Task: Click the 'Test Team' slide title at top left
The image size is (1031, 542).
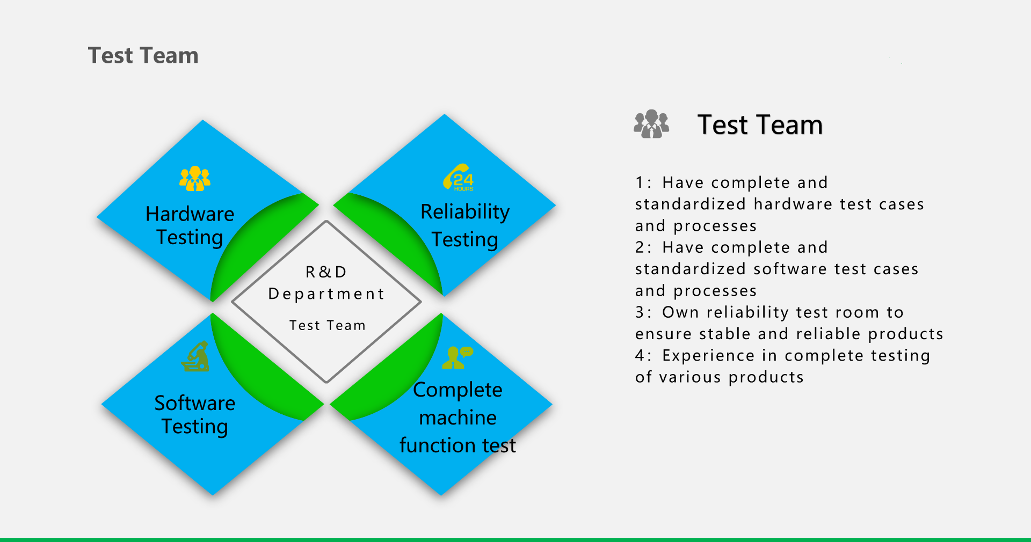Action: (x=143, y=56)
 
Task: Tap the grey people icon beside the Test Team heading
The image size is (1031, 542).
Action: (x=651, y=124)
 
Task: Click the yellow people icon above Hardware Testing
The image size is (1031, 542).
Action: (x=195, y=179)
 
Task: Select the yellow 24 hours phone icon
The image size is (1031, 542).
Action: (x=458, y=177)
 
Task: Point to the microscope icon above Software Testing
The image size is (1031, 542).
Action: (x=195, y=356)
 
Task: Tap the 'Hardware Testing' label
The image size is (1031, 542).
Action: (x=190, y=225)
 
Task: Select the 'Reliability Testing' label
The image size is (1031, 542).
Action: (x=465, y=225)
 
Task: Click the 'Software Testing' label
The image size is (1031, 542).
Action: (x=195, y=414)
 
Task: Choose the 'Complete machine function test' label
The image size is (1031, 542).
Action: (x=458, y=418)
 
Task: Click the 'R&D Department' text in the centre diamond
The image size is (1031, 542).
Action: (x=326, y=283)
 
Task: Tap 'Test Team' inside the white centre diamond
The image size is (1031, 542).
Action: (x=328, y=325)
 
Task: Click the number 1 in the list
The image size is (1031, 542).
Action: (x=640, y=183)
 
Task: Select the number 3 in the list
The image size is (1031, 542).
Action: (x=640, y=312)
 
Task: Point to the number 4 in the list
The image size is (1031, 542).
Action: (x=640, y=356)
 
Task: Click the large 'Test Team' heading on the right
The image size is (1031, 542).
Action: (x=760, y=124)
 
